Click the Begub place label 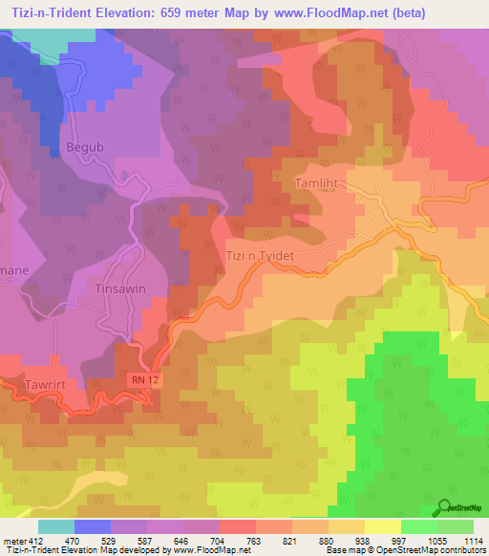83,148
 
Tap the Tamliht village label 316,180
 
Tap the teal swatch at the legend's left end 54,526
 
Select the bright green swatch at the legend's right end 455,526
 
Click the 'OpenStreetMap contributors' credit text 431,550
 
